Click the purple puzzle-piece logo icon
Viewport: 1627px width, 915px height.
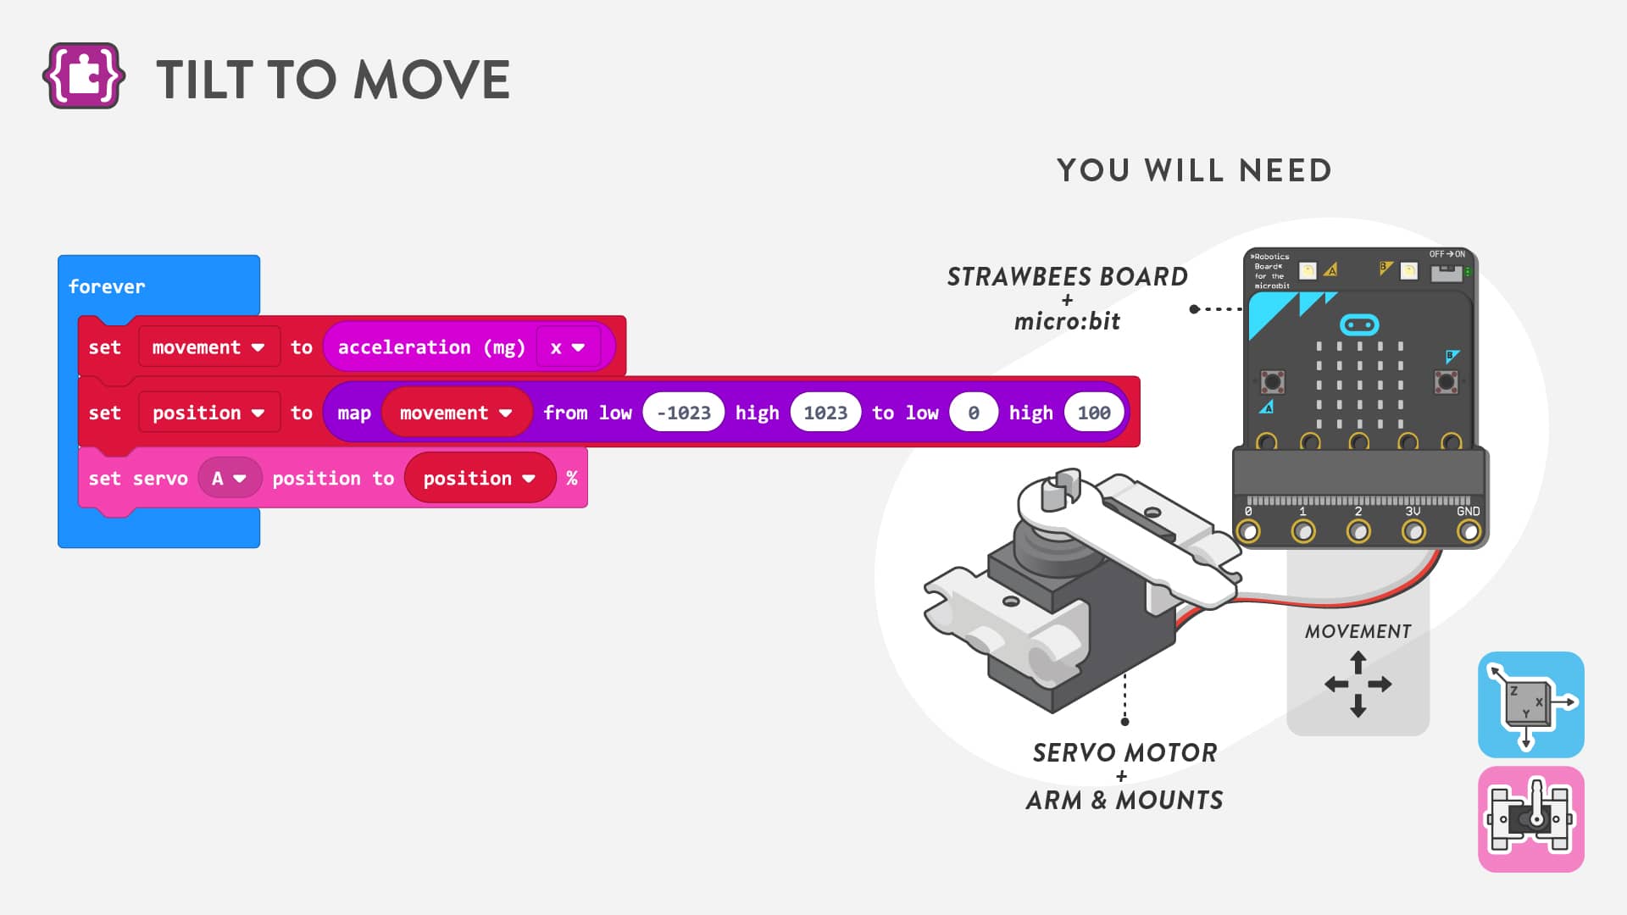[x=83, y=76]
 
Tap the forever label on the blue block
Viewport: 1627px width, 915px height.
[x=107, y=286]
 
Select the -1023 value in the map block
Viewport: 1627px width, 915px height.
[x=683, y=413]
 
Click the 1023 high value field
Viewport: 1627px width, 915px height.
[x=825, y=413]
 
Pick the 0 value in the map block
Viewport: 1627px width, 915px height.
[x=973, y=413]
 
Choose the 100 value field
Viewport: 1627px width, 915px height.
[x=1094, y=413]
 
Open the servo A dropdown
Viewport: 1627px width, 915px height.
[x=229, y=479]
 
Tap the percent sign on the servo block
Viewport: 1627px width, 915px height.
[x=572, y=479]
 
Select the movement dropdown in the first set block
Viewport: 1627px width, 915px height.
[x=208, y=347]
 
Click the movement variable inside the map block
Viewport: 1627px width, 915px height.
[x=456, y=413]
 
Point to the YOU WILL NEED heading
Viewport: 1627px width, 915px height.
[x=1194, y=170]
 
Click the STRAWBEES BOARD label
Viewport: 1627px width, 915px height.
[x=1067, y=277]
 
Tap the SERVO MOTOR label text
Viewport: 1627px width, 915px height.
[x=1124, y=752]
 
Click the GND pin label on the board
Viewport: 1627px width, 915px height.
[x=1468, y=512]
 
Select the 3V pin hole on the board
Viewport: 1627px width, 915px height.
[x=1413, y=532]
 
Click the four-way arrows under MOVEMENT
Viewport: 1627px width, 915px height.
[x=1358, y=684]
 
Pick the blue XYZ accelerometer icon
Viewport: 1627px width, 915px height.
[x=1530, y=704]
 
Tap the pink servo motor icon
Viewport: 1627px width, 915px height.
[x=1530, y=819]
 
